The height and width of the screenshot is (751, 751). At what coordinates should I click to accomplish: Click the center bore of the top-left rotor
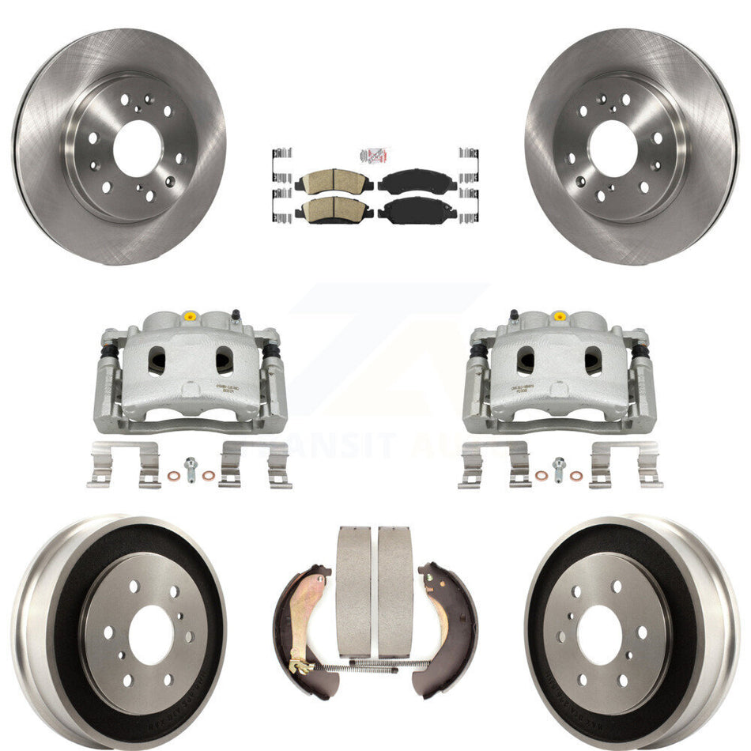(136, 148)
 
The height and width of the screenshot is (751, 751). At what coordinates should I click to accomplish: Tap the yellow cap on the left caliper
(188, 317)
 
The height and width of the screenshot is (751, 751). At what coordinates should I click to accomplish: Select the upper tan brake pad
(333, 183)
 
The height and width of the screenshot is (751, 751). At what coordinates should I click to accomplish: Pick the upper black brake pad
(417, 183)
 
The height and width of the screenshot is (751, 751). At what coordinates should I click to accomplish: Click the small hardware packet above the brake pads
(375, 156)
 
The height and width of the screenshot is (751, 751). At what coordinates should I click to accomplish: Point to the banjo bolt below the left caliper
(190, 470)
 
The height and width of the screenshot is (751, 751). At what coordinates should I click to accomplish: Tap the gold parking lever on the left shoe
(310, 625)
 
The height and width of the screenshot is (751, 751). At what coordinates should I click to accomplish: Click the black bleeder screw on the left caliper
(235, 318)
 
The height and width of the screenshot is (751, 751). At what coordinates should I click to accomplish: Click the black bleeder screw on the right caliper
(514, 317)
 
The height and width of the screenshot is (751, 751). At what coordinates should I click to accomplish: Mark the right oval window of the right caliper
(593, 361)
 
